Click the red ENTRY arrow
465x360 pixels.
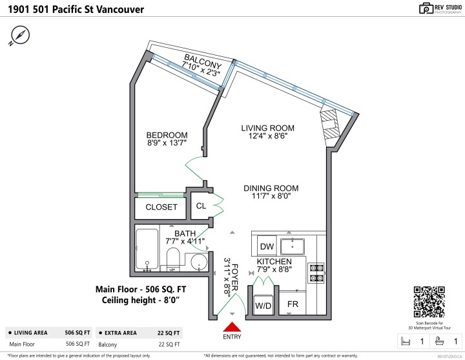coord(232,329)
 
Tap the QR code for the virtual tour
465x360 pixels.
coord(429,302)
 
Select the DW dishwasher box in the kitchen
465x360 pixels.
coord(266,246)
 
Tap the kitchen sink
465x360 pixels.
coord(298,246)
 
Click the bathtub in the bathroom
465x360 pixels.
coord(148,249)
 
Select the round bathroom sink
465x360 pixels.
coord(199,262)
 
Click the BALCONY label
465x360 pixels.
coord(202,62)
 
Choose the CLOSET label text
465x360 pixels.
coord(161,207)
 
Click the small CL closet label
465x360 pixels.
coord(201,206)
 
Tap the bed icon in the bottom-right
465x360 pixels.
coord(405,341)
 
